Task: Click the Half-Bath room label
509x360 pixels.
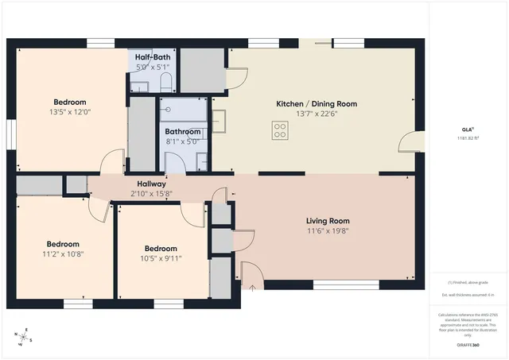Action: click(151, 57)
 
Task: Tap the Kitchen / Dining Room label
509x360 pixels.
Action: click(316, 104)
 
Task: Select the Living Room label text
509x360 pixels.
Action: click(328, 221)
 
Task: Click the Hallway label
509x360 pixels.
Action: click(151, 184)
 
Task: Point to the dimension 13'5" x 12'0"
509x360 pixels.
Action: click(70, 112)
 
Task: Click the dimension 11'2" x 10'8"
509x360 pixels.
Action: click(62, 254)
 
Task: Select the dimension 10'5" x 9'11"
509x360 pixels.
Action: click(161, 257)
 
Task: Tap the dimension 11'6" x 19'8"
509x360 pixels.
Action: click(328, 231)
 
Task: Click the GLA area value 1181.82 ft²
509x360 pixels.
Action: click(468, 138)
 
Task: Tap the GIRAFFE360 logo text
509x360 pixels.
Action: click(468, 346)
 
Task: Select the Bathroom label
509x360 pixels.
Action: click(182, 131)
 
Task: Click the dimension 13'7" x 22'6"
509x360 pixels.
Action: click(316, 114)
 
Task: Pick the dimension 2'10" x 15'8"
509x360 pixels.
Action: click(151, 193)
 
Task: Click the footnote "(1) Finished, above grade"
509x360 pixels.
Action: click(468, 282)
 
